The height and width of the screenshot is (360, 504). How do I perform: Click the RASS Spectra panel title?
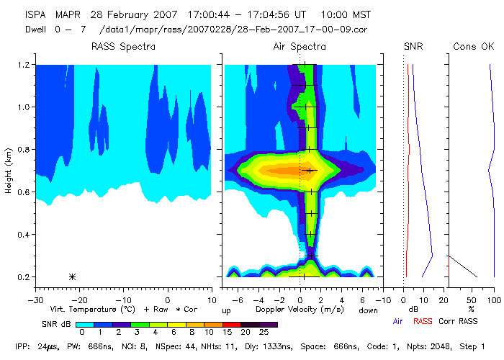pyautogui.click(x=123, y=47)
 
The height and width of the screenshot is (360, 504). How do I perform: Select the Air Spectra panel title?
pyautogui.click(x=300, y=47)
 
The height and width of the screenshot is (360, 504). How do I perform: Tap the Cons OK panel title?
pyautogui.click(x=473, y=47)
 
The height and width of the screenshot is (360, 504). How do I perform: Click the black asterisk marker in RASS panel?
pyautogui.click(x=72, y=276)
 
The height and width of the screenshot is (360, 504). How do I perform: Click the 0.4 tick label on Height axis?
pyautogui.click(x=23, y=235)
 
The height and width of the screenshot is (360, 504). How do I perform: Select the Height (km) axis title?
pyautogui.click(x=9, y=171)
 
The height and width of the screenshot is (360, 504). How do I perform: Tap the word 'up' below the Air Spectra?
pyautogui.click(x=226, y=310)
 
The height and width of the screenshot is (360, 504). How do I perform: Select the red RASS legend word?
pyautogui.click(x=423, y=321)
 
